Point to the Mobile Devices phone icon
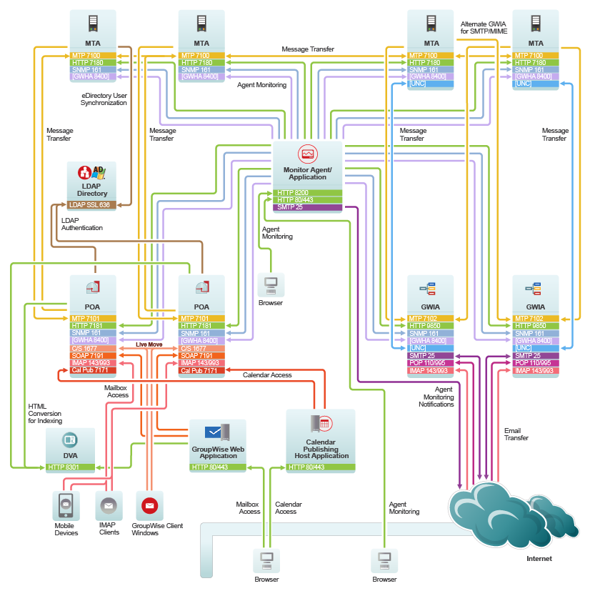click(x=65, y=505)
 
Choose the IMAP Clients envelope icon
click(x=109, y=505)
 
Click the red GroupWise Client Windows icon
click(x=149, y=505)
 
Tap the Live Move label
click(x=150, y=344)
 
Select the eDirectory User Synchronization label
click(x=104, y=99)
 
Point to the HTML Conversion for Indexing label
click(x=44, y=413)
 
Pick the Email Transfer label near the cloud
click(x=516, y=434)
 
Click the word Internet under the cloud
click(x=539, y=559)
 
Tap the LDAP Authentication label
click(x=81, y=224)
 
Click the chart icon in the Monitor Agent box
click(x=308, y=154)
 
